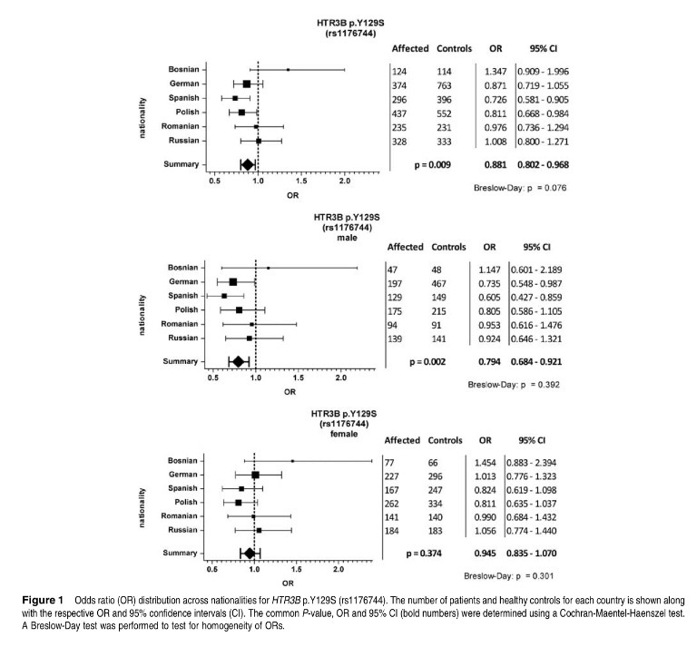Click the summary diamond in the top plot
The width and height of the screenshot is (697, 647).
pos(247,164)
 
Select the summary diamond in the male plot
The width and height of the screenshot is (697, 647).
pos(239,361)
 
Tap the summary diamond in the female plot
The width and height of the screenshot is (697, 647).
pos(249,553)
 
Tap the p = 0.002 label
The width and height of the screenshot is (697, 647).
pos(428,361)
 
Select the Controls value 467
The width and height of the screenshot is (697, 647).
pos(442,284)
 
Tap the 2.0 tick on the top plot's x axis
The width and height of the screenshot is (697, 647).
pos(344,181)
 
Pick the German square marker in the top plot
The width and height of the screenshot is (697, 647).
pos(246,83)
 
